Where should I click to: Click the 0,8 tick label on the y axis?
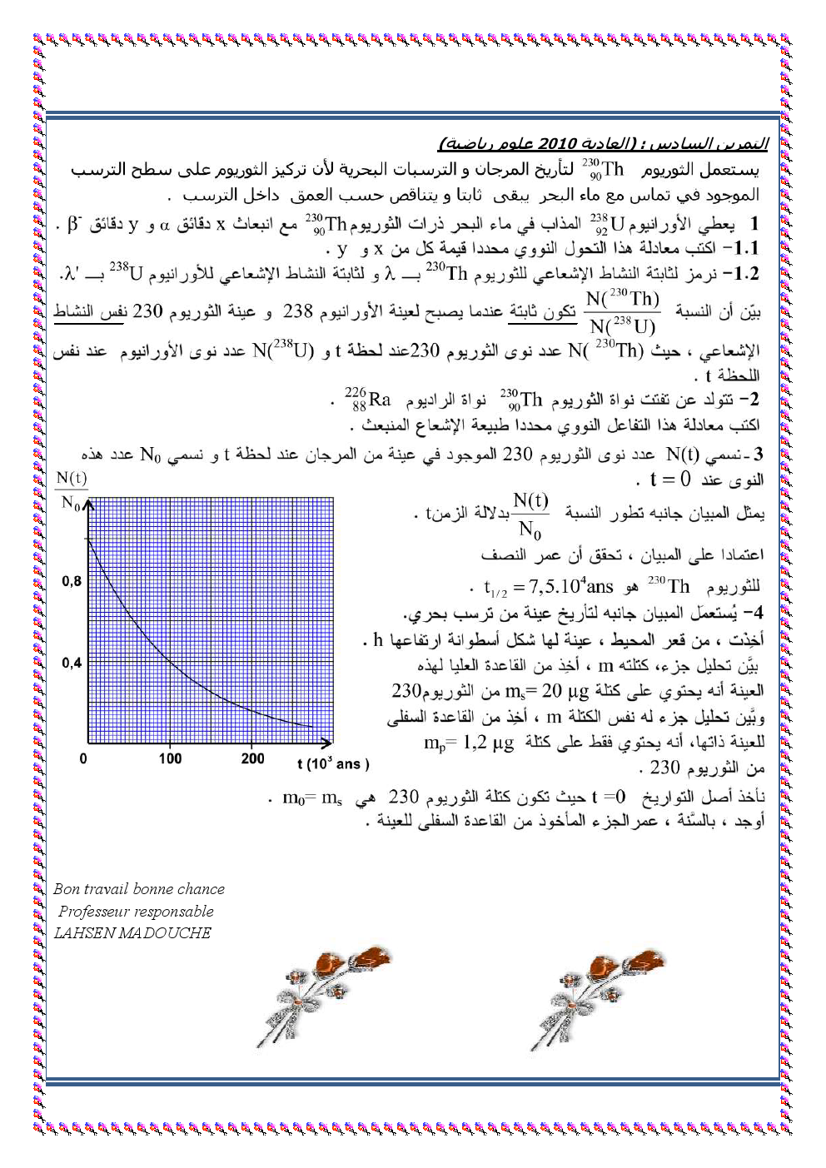pyautogui.click(x=72, y=581)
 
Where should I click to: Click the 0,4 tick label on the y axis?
pyautogui.click(x=72, y=663)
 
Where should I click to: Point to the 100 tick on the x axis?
pyautogui.click(x=170, y=758)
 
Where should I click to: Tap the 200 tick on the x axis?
pyautogui.click(x=252, y=758)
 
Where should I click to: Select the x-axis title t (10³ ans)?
pyautogui.click(x=332, y=763)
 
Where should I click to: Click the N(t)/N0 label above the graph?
pyautogui.click(x=71, y=490)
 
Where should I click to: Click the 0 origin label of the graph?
pyautogui.click(x=83, y=758)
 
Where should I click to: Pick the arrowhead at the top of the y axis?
pyautogui.click(x=88, y=504)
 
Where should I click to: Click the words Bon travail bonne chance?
pyautogui.click(x=139, y=889)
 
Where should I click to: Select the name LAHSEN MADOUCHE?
pyautogui.click(x=132, y=933)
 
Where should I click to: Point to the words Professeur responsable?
pyautogui.click(x=136, y=912)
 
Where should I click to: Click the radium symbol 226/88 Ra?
pyautogui.click(x=367, y=400)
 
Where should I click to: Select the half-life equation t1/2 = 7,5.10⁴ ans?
pyautogui.click(x=549, y=588)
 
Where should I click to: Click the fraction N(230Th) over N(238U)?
pyautogui.click(x=622, y=312)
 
